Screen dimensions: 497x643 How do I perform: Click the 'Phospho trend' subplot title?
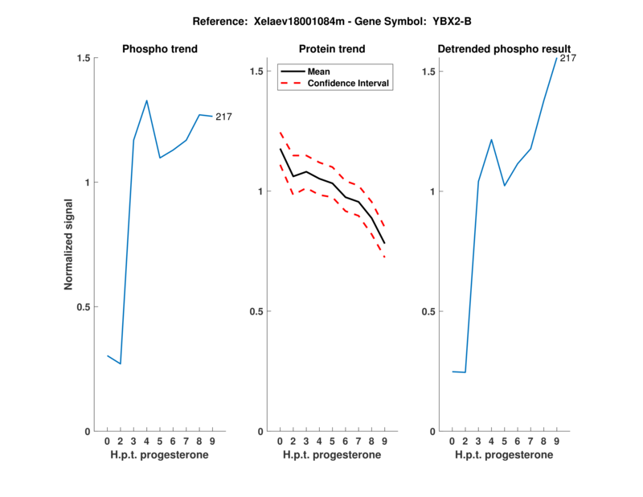click(x=159, y=49)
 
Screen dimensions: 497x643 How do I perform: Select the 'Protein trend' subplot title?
click(x=332, y=49)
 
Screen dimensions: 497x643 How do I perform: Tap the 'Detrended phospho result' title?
click(x=504, y=49)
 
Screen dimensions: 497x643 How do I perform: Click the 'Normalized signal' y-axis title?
click(x=69, y=244)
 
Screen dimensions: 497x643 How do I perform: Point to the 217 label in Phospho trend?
click(x=223, y=117)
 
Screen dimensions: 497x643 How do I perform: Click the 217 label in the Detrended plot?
click(x=568, y=58)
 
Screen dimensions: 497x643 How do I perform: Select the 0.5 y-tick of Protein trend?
click(x=256, y=311)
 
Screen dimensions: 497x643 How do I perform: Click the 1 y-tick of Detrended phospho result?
click(x=433, y=191)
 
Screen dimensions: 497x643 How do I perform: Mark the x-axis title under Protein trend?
click(x=332, y=455)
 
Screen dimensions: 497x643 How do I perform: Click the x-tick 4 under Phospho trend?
click(x=146, y=441)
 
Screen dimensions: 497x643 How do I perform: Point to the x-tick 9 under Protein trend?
click(x=384, y=441)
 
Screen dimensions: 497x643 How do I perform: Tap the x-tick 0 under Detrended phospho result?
click(x=453, y=441)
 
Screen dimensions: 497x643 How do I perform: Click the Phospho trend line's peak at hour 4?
click(x=146, y=101)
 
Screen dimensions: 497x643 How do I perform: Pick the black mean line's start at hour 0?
click(x=281, y=149)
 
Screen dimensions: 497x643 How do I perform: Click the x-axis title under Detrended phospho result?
click(x=504, y=455)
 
